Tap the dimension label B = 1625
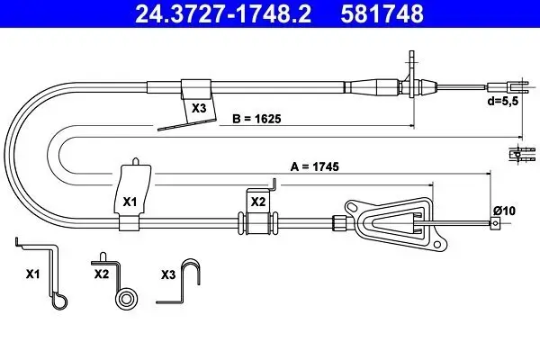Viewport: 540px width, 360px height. point(253,117)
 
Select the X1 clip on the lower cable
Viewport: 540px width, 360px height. point(131,193)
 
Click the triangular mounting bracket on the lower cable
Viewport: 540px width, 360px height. point(396,221)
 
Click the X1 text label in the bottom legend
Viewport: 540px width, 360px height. point(32,272)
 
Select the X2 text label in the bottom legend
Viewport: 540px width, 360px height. point(101,272)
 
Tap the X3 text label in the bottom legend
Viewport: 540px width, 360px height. point(167,272)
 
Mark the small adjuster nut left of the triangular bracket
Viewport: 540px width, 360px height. point(340,222)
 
